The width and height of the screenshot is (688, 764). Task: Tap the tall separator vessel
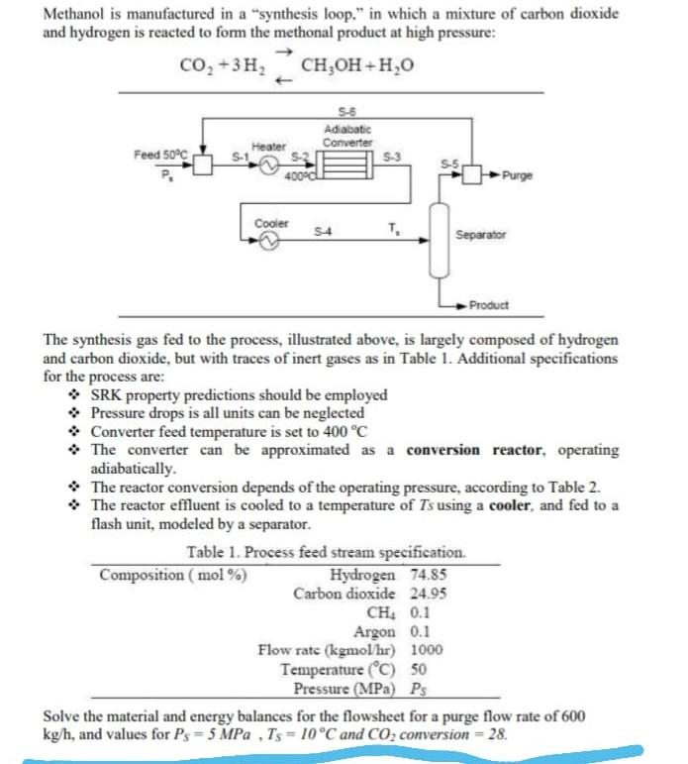coord(436,239)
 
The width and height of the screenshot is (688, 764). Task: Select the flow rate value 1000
coord(427,651)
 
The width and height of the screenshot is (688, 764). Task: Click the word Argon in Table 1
coord(374,632)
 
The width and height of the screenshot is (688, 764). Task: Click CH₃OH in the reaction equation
coord(331,68)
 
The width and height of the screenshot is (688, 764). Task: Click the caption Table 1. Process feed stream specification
coord(326,553)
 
